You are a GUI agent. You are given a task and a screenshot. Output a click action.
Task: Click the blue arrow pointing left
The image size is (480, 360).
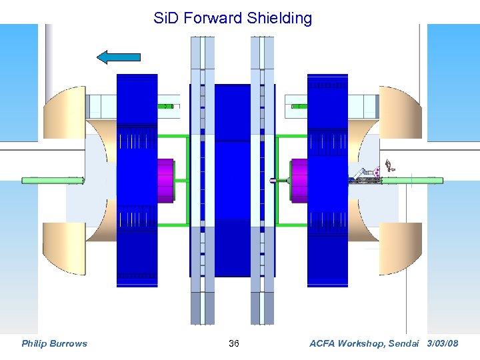tap(119, 57)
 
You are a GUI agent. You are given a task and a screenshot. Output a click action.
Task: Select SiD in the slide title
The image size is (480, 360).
tap(167, 18)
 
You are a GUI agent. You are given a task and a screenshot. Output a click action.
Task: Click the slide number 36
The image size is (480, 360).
tap(234, 343)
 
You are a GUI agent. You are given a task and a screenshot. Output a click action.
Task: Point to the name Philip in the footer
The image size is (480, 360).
tap(35, 343)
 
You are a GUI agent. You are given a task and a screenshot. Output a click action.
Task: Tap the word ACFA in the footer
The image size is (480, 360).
tap(324, 343)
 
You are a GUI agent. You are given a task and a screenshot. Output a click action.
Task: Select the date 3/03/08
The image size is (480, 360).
tap(442, 343)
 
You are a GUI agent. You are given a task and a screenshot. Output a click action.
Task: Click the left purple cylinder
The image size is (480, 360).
tap(164, 179)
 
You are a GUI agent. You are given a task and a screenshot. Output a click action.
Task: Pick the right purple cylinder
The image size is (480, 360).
tap(299, 180)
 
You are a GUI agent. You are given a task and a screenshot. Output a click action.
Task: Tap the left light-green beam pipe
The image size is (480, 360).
tap(52, 180)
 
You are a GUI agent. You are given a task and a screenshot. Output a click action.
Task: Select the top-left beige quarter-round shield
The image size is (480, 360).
tap(67, 110)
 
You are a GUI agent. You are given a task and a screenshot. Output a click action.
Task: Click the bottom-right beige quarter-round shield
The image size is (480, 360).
tap(400, 248)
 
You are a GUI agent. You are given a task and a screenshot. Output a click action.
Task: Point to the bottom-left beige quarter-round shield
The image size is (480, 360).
tap(67, 248)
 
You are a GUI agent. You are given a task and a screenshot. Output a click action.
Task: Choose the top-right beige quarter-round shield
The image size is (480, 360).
tap(400, 110)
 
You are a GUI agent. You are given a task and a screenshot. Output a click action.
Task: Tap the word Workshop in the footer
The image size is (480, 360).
tap(365, 343)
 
